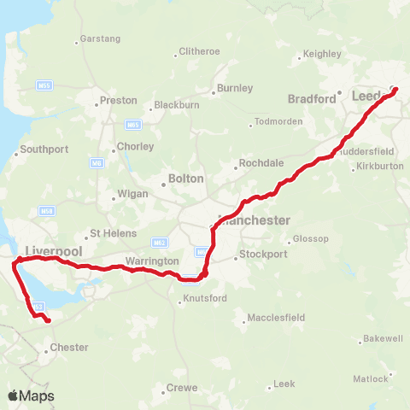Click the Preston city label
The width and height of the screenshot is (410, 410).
(x=118, y=100)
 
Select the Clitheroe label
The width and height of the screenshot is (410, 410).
(x=199, y=51)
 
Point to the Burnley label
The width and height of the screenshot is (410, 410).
(x=236, y=88)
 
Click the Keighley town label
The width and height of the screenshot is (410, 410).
(x=322, y=54)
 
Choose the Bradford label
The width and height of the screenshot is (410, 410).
(x=312, y=99)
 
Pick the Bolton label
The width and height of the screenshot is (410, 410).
(x=187, y=179)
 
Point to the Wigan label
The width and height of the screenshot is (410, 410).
(x=132, y=194)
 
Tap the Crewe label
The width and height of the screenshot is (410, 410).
(x=181, y=388)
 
